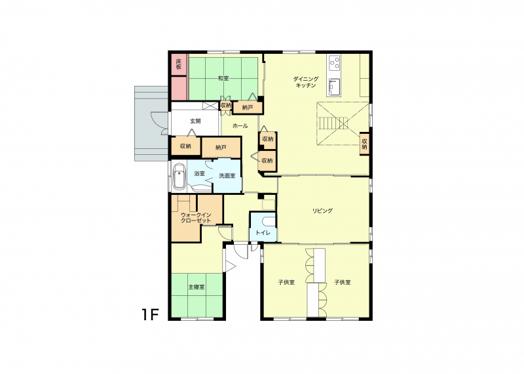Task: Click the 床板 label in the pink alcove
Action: pos(179,64)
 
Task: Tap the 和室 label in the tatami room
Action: pos(223,78)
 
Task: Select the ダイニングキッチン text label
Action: pos(306,82)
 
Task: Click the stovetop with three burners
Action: pos(335,62)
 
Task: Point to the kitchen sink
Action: pos(334,87)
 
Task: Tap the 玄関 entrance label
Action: pos(195,121)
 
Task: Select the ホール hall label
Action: pos(240,126)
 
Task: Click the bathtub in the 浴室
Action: pos(179,176)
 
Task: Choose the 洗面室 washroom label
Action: pos(227,176)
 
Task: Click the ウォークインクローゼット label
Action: pos(195,218)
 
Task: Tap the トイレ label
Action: pos(263,232)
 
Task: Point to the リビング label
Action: pos(322,211)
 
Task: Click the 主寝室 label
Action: pos(196,287)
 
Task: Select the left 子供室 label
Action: pos(286,282)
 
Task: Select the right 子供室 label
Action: pos(343,282)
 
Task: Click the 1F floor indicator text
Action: pos(150,315)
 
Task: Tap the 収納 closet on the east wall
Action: pos(364,144)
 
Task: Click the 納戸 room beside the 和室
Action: pos(248,108)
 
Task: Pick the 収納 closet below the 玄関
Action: pos(186,146)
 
